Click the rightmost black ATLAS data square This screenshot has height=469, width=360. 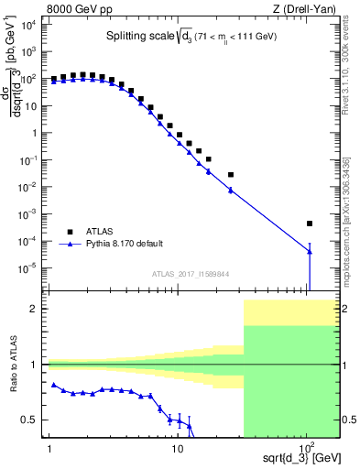tap(310, 224)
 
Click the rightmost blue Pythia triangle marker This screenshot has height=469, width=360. tap(310, 252)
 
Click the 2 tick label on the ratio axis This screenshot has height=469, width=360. tap(37, 309)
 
